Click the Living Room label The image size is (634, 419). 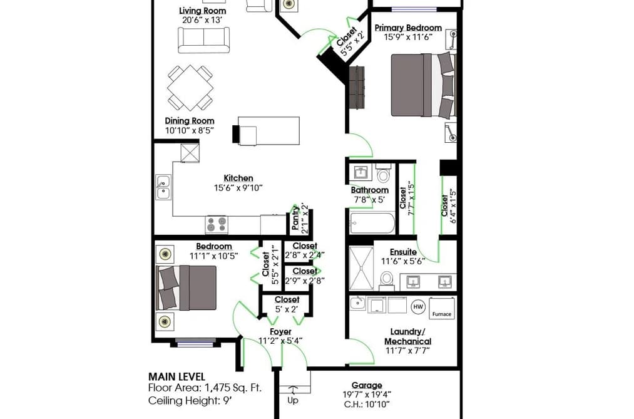(203, 11)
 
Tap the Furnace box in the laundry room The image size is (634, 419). (441, 308)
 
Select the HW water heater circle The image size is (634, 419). (418, 306)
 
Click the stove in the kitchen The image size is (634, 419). (217, 225)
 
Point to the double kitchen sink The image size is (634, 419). (163, 187)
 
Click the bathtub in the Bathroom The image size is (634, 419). (372, 223)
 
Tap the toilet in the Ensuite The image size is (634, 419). (387, 281)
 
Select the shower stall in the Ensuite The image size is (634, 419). (362, 268)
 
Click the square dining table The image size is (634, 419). (190, 88)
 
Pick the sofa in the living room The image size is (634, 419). (204, 40)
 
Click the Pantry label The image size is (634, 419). (295, 218)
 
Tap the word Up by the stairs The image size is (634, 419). (293, 400)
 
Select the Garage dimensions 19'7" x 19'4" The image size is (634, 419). (367, 395)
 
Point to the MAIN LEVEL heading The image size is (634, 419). (176, 376)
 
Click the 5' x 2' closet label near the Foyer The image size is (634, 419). (287, 309)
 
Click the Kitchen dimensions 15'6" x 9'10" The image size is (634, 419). (238, 188)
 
